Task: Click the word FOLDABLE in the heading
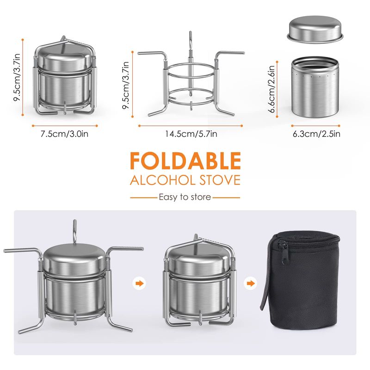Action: click(185, 160)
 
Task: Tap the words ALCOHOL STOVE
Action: click(185, 180)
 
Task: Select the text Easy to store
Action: click(185, 197)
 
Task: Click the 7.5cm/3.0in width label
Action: click(64, 134)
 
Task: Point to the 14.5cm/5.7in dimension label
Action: click(191, 134)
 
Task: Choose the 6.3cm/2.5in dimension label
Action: click(316, 134)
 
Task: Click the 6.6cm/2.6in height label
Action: click(272, 89)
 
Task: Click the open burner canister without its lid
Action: click(315, 88)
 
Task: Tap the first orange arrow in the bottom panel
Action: click(140, 283)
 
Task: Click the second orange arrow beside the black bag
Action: click(251, 283)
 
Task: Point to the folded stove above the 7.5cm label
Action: click(64, 75)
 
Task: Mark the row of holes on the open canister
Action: click(315, 76)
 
